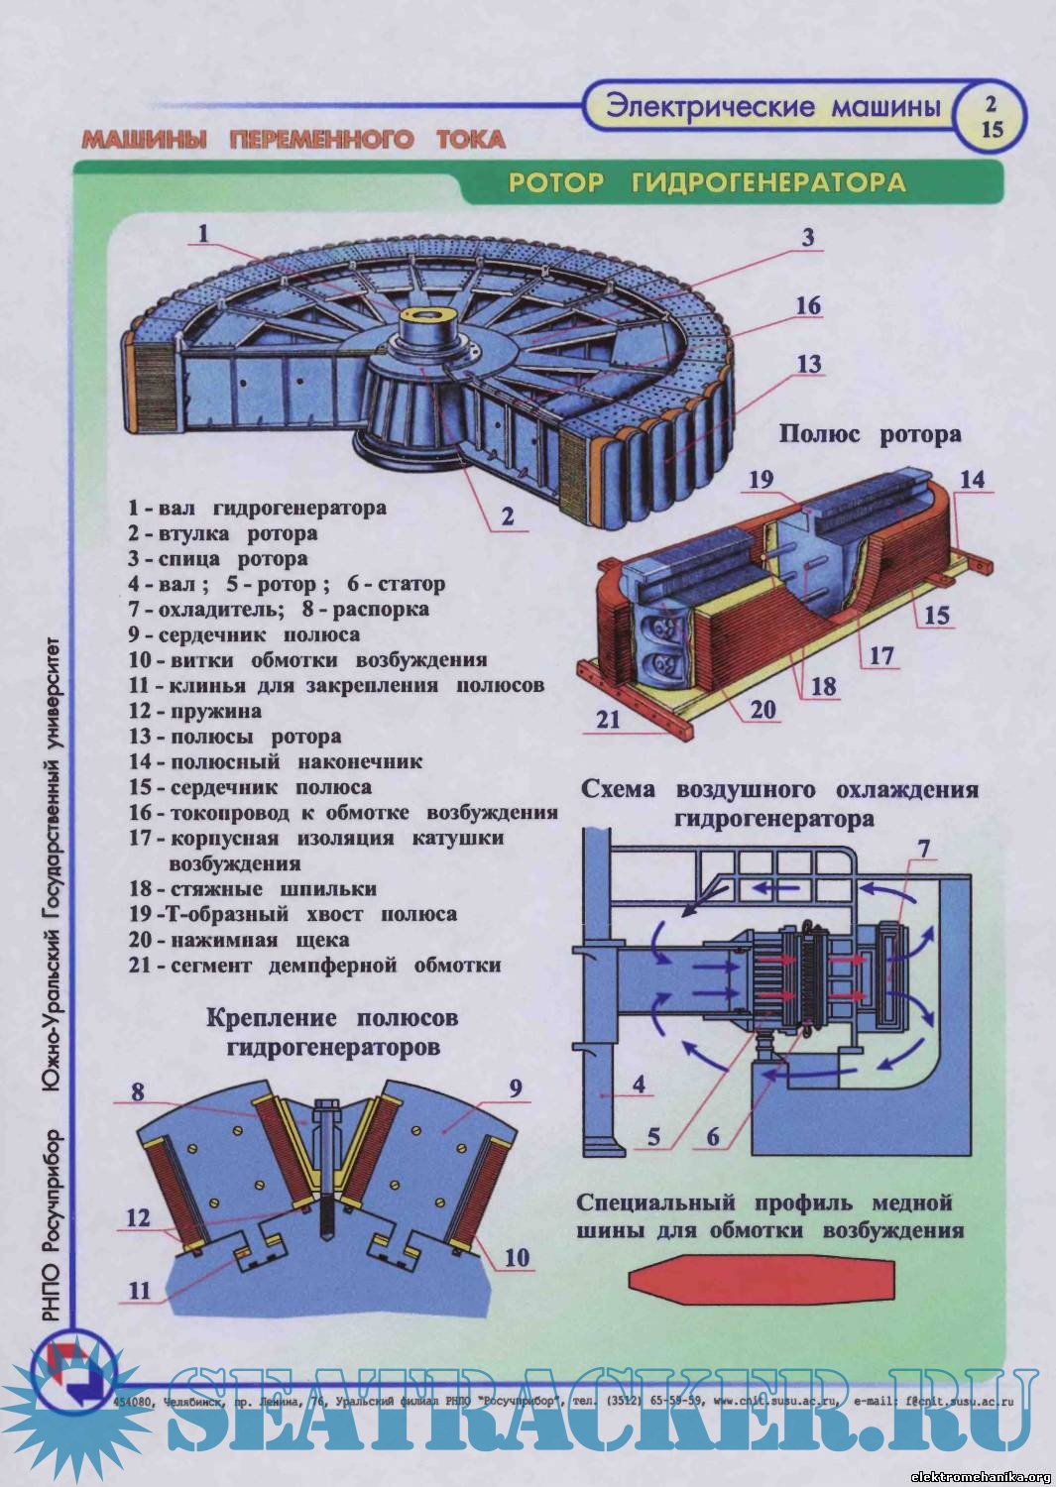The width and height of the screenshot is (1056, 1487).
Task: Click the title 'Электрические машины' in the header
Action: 772,107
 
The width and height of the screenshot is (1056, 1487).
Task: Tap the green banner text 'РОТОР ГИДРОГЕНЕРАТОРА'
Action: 707,182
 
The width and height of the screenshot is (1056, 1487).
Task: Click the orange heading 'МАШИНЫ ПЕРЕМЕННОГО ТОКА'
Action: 293,139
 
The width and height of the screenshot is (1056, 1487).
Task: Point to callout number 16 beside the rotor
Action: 808,305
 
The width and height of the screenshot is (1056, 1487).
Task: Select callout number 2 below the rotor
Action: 507,516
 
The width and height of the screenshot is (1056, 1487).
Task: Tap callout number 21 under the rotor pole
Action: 608,719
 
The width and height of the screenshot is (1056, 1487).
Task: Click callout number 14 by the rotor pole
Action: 972,480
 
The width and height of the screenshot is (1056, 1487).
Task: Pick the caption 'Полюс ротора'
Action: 870,434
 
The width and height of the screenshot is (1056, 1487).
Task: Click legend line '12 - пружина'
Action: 195,711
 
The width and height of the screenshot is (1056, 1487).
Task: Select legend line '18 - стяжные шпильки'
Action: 253,889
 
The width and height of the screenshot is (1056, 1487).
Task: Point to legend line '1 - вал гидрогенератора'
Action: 257,509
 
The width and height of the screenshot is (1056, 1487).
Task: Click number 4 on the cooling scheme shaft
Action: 639,1085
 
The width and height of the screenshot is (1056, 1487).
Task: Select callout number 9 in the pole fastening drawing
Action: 516,1088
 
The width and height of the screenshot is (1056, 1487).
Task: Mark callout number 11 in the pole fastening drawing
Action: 139,1291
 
